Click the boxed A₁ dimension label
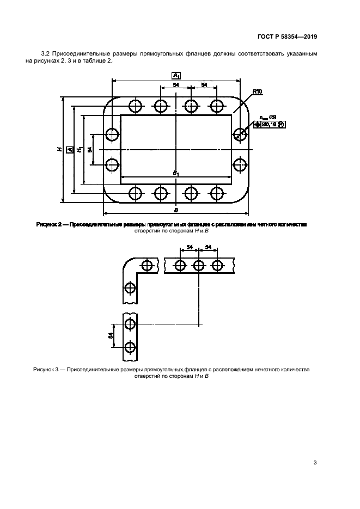[176, 75]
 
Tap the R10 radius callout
[258, 93]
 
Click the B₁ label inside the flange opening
[176, 172]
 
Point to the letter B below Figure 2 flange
[176, 209]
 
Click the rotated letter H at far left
[59, 148]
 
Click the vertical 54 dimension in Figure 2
[90, 149]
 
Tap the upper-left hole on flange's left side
[112, 134]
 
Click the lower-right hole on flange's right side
[240, 164]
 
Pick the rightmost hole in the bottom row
[217, 193]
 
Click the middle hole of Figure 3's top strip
[199, 265]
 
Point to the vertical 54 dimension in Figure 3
[112, 336]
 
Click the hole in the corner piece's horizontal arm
[147, 265]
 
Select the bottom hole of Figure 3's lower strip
[130, 347]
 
